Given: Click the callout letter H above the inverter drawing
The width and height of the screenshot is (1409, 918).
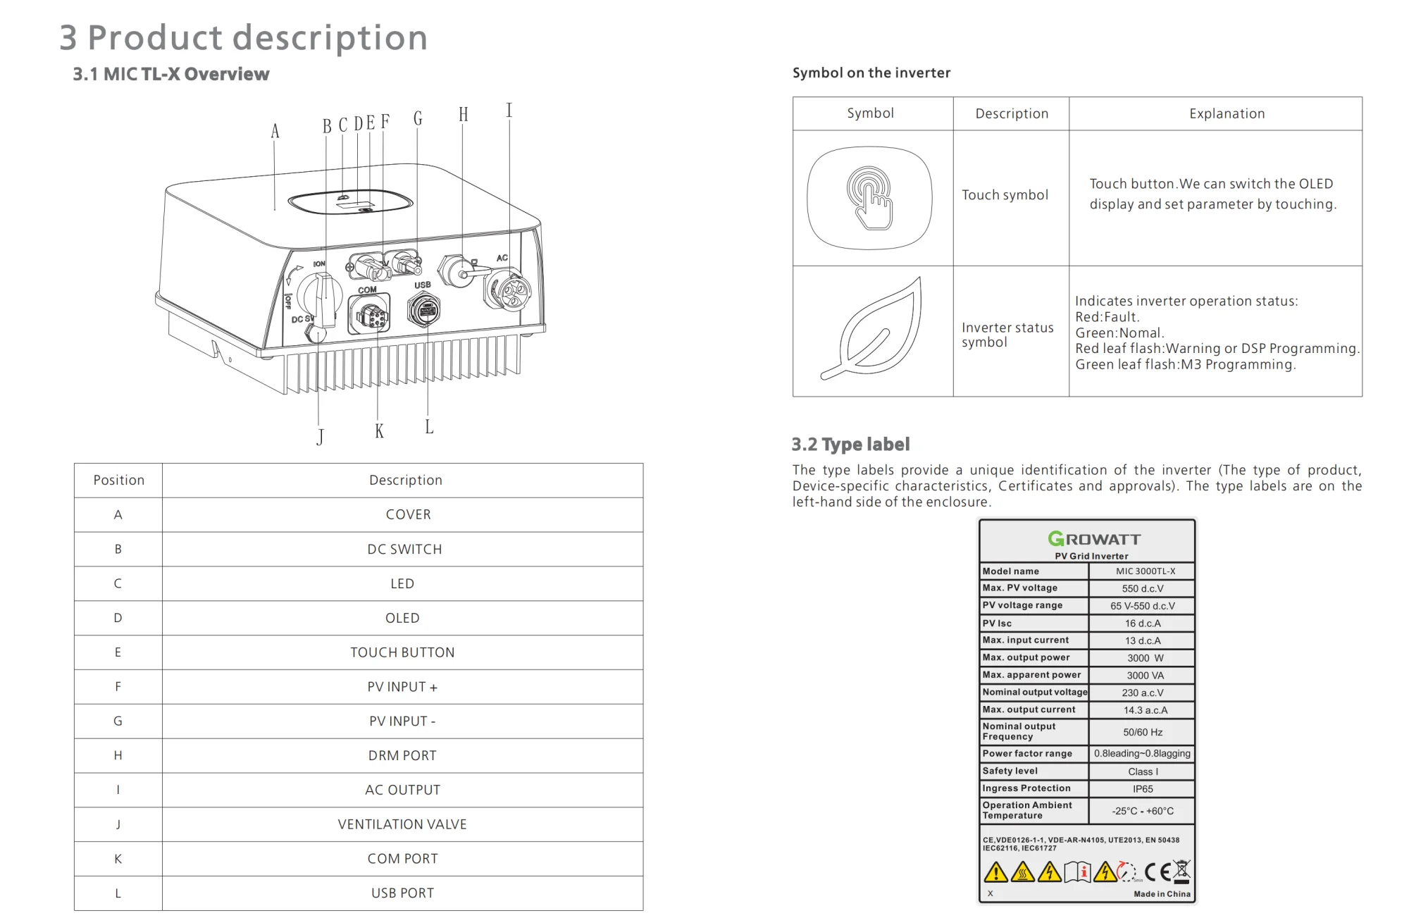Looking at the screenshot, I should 463,115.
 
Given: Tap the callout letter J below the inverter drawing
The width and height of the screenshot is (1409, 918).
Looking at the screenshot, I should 321,437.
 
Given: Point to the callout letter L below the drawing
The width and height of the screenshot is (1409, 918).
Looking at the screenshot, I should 429,427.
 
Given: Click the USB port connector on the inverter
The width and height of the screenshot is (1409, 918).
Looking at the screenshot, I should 423,310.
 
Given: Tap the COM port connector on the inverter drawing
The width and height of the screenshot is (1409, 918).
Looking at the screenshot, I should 369,315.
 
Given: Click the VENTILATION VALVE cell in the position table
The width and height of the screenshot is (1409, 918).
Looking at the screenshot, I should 402,824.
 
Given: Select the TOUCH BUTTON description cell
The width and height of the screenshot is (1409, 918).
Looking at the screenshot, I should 402,652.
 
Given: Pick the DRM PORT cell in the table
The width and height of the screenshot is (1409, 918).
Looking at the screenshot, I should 402,755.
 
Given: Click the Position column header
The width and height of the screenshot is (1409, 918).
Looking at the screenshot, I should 118,480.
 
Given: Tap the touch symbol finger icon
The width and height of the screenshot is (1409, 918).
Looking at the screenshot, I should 871,197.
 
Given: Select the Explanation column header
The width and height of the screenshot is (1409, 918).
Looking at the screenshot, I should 1227,113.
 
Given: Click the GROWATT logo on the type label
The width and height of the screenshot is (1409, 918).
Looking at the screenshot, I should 1094,539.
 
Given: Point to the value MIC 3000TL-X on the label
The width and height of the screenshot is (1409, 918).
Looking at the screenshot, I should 1145,571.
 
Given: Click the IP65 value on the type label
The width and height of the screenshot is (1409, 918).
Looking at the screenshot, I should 1143,789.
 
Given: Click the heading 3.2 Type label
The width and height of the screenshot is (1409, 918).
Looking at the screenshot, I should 850,445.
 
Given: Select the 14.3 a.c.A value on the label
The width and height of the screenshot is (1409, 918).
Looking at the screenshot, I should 1145,710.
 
